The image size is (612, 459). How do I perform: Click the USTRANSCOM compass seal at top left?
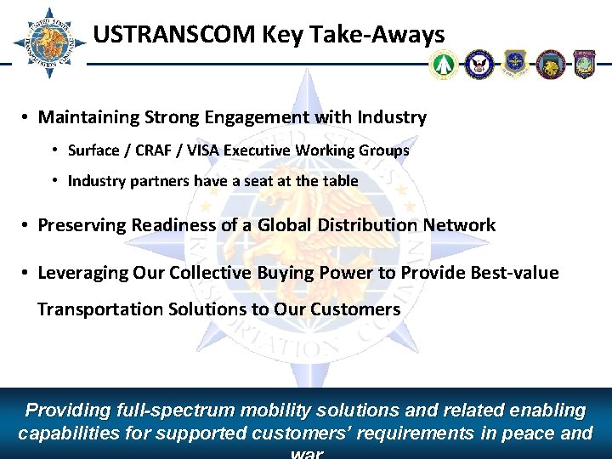click(48, 42)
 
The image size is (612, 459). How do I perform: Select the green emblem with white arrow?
click(444, 64)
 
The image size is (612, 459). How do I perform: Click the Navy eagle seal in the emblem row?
click(479, 64)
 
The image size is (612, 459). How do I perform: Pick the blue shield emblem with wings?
click(515, 64)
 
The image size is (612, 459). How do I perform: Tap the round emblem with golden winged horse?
click(550, 64)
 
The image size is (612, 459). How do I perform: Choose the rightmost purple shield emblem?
click(585, 64)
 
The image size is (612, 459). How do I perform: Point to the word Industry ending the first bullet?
click(393, 117)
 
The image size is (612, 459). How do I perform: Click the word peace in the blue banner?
click(526, 433)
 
